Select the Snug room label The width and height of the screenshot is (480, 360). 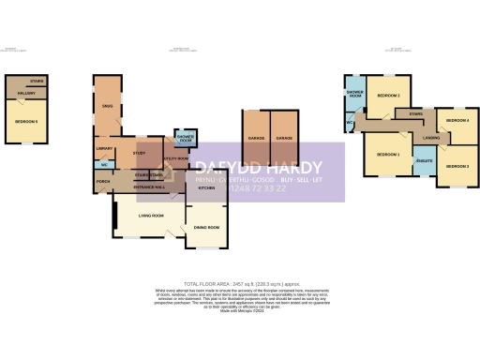click(x=107, y=106)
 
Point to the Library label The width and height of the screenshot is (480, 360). click(x=104, y=147)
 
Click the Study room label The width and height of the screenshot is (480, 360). click(x=139, y=152)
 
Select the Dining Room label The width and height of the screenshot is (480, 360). click(x=206, y=228)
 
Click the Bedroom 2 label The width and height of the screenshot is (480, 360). click(x=388, y=96)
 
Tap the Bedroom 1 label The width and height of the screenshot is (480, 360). click(x=387, y=154)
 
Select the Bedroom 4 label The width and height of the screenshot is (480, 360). click(x=457, y=121)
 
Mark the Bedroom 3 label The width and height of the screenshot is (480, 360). click(x=457, y=165)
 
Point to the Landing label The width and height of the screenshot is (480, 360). click(x=431, y=139)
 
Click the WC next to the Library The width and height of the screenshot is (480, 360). click(x=103, y=165)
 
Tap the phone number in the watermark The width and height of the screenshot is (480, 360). click(x=239, y=187)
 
